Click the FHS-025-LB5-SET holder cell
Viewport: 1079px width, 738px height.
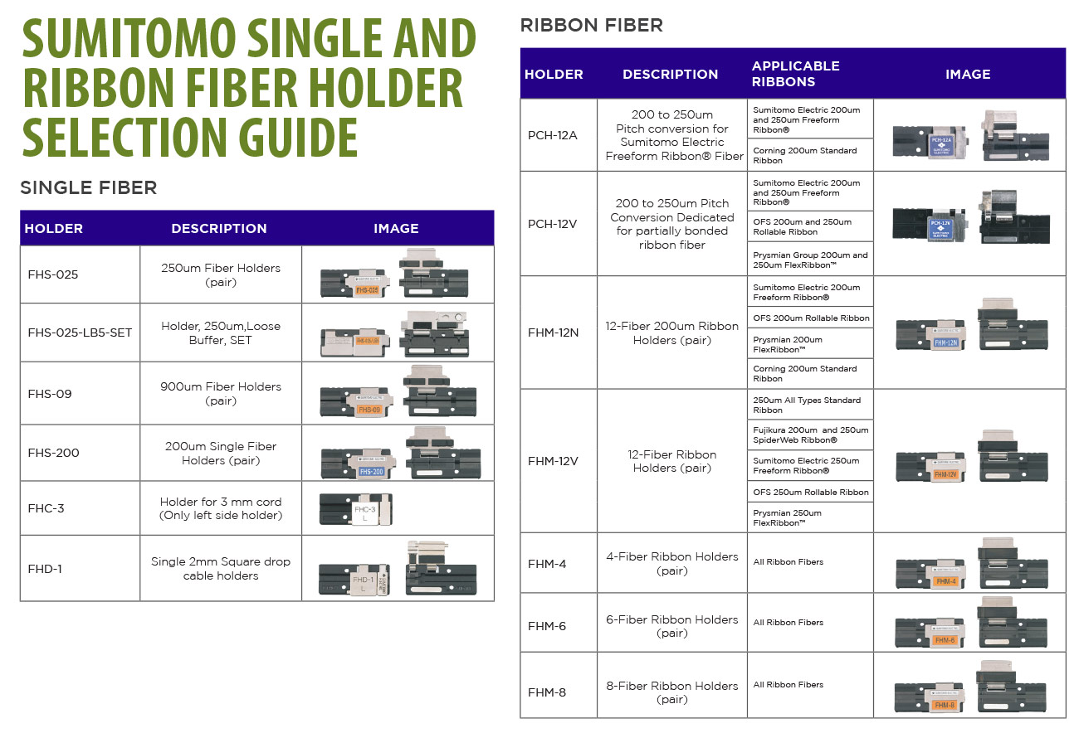(80, 333)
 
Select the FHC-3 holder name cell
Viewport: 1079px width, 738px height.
(80, 508)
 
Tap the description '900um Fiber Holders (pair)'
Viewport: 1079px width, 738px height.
(221, 394)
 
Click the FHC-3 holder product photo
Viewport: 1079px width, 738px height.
(355, 509)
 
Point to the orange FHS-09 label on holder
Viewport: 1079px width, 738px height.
(369, 410)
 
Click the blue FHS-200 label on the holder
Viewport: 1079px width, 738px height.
(371, 472)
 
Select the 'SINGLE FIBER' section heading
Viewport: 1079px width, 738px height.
(89, 187)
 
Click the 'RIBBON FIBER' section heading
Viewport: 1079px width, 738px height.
(592, 25)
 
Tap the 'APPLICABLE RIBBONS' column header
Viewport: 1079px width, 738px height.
(796, 74)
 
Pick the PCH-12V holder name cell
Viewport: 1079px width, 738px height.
(559, 224)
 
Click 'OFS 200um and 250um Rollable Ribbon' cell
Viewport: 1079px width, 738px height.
(810, 226)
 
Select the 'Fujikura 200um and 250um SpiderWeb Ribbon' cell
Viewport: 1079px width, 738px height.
(810, 435)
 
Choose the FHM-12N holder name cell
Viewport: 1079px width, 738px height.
(559, 333)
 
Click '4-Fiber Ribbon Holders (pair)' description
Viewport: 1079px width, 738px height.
(672, 563)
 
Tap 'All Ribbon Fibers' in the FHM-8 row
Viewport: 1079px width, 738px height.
(788, 685)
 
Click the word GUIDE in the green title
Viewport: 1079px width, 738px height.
(298, 138)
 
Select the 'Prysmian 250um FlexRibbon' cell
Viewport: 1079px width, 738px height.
(810, 517)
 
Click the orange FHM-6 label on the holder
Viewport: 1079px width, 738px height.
(945, 640)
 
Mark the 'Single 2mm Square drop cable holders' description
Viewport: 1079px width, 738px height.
(221, 569)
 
